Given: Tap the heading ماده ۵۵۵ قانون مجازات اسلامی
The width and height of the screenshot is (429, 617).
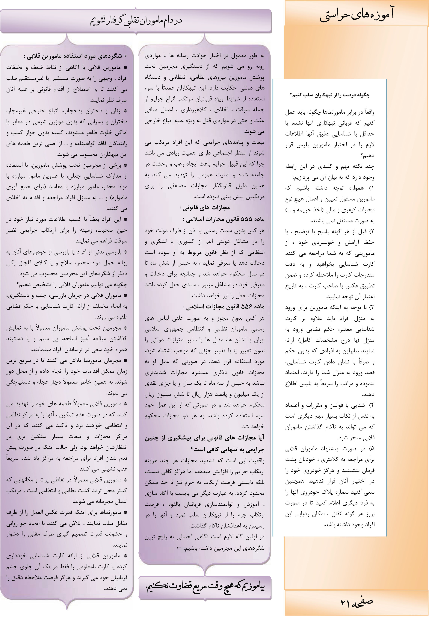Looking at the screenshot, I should coord(224,219).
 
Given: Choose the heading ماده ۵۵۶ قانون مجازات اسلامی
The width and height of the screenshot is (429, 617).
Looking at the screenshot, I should coord(224,307).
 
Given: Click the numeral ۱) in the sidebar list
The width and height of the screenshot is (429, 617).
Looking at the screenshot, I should coord(371,188).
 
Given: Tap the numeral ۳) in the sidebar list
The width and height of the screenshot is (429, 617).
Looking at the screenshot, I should coord(371,307).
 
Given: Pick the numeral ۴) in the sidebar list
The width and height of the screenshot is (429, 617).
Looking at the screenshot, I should coord(371,405).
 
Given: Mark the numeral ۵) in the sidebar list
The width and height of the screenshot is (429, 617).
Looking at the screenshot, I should coord(371,449).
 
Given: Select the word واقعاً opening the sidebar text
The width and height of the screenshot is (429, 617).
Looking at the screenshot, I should coord(369,112).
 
